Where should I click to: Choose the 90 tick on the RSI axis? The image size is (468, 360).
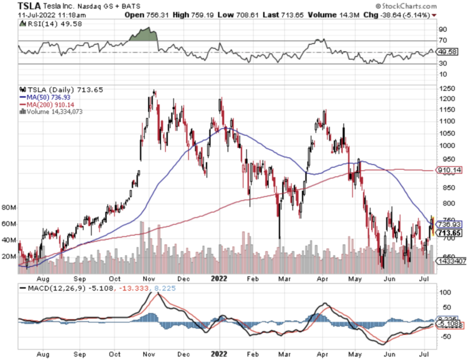tap(442, 29)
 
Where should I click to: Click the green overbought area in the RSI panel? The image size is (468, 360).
tap(143, 35)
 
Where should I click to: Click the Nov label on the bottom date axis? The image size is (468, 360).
tap(148, 353)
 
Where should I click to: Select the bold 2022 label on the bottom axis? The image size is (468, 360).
tap(218, 353)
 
